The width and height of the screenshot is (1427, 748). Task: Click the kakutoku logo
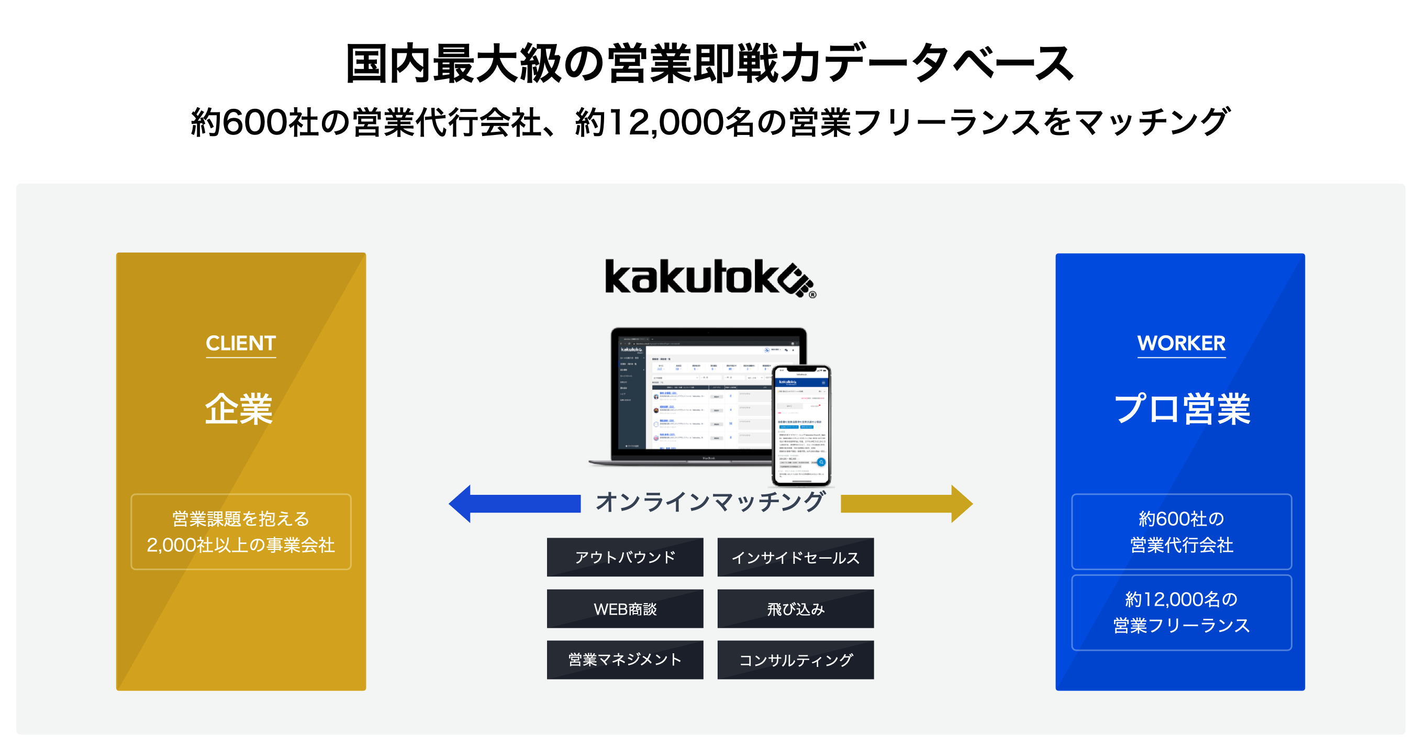(x=710, y=278)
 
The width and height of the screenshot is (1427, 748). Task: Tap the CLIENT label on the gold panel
(x=240, y=343)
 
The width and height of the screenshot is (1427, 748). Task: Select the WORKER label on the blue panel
(x=1181, y=343)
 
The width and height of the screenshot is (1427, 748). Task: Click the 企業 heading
(x=239, y=409)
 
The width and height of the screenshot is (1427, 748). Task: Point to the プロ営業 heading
(x=1181, y=409)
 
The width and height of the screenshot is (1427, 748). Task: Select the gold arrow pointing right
(x=906, y=503)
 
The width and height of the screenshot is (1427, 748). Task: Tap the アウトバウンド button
(x=625, y=557)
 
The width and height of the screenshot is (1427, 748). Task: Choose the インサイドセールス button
(x=796, y=557)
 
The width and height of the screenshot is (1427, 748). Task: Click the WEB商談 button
(x=625, y=608)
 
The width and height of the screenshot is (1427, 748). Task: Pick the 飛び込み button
(x=796, y=608)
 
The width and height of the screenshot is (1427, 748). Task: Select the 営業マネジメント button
(x=625, y=660)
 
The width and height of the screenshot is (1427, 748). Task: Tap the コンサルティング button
(x=796, y=660)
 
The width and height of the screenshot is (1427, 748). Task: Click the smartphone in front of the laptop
(x=801, y=425)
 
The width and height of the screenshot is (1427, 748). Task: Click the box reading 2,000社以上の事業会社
(x=240, y=531)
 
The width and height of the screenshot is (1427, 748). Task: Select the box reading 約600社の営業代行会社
(x=1181, y=531)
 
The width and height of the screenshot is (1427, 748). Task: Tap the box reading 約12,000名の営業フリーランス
(x=1181, y=613)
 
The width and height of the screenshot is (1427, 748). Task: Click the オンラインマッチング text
(x=710, y=502)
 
